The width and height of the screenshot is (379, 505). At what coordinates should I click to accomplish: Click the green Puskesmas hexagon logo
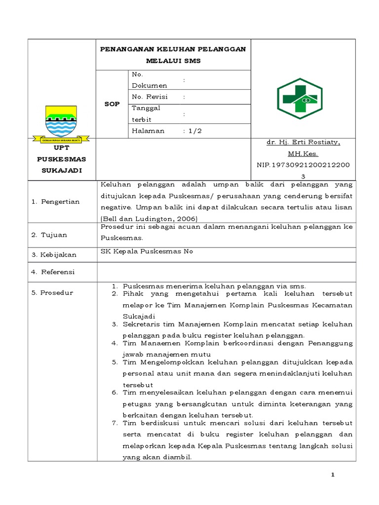tap(300, 99)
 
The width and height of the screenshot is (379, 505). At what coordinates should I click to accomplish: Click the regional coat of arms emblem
tap(61, 122)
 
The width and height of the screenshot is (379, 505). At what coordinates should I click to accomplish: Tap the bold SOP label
tap(112, 104)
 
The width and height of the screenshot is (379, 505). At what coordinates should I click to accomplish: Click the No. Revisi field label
tap(150, 97)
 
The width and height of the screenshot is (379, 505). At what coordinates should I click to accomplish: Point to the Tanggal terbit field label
tap(146, 113)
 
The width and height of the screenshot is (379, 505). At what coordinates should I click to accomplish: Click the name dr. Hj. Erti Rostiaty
tap(303, 142)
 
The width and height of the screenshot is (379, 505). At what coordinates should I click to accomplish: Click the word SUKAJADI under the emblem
tap(62, 170)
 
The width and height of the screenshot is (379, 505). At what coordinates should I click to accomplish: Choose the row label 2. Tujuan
tap(49, 235)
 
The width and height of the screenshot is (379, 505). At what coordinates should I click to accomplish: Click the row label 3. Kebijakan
tap(54, 254)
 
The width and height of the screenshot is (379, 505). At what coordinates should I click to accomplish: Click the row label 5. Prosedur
tap(52, 292)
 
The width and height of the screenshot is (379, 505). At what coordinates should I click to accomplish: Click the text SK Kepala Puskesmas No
tap(147, 252)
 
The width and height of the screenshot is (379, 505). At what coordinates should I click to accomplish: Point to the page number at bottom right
tap(333, 474)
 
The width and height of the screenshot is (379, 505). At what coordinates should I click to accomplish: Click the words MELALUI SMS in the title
tap(173, 61)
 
